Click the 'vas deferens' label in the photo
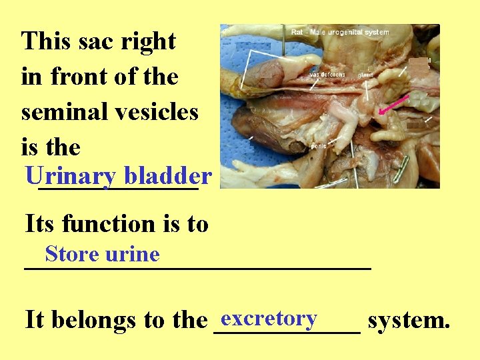pyautogui.click(x=327, y=75)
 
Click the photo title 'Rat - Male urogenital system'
pyautogui.click(x=340, y=31)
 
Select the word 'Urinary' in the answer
pyautogui.click(x=70, y=176)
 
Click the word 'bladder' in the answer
pyautogui.click(x=168, y=176)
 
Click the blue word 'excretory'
pyautogui.click(x=268, y=318)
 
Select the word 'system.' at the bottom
pyautogui.click(x=409, y=321)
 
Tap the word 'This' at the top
pyautogui.click(x=45, y=41)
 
